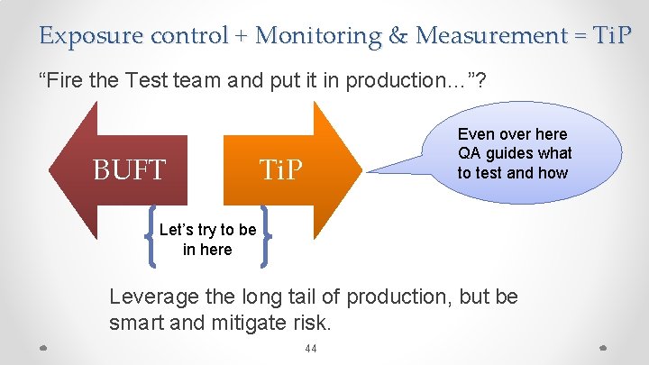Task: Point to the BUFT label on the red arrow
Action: (x=130, y=169)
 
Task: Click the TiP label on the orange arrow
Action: (x=282, y=169)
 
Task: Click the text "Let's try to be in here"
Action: (x=207, y=240)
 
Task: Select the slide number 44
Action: (x=312, y=350)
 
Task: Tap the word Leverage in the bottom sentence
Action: (x=147, y=297)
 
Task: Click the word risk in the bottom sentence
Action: (x=312, y=322)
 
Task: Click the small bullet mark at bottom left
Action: (x=46, y=347)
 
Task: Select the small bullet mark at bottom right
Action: (x=603, y=347)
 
